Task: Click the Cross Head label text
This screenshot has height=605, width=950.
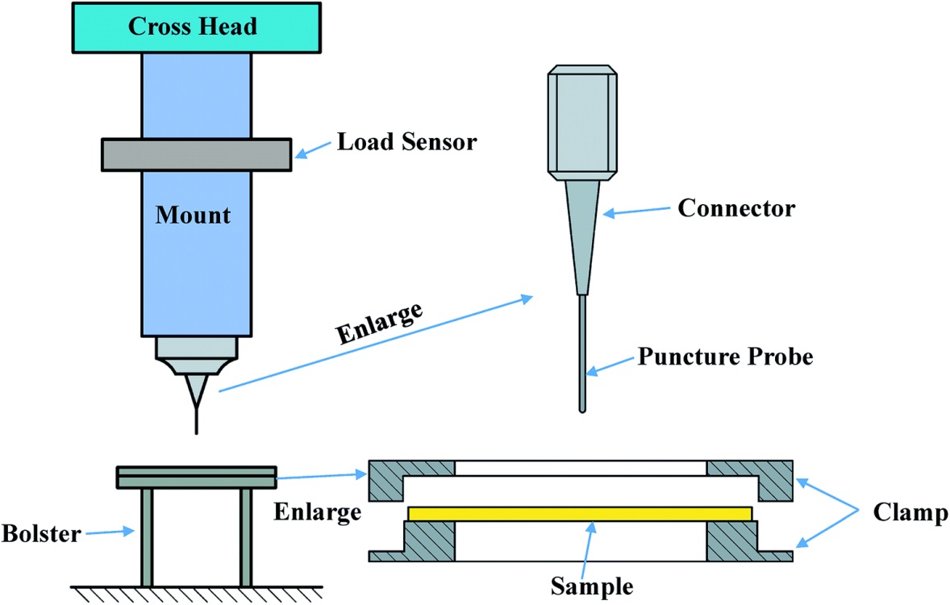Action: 194,26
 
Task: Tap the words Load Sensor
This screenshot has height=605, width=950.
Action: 407,143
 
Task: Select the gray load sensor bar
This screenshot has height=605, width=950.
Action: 196,154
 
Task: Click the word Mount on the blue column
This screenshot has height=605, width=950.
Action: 193,215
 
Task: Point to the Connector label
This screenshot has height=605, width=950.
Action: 736,208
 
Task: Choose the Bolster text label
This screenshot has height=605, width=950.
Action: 41,534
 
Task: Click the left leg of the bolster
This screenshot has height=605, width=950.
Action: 147,536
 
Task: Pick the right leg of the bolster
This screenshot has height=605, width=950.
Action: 245,536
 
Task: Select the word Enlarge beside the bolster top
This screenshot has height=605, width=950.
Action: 316,511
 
